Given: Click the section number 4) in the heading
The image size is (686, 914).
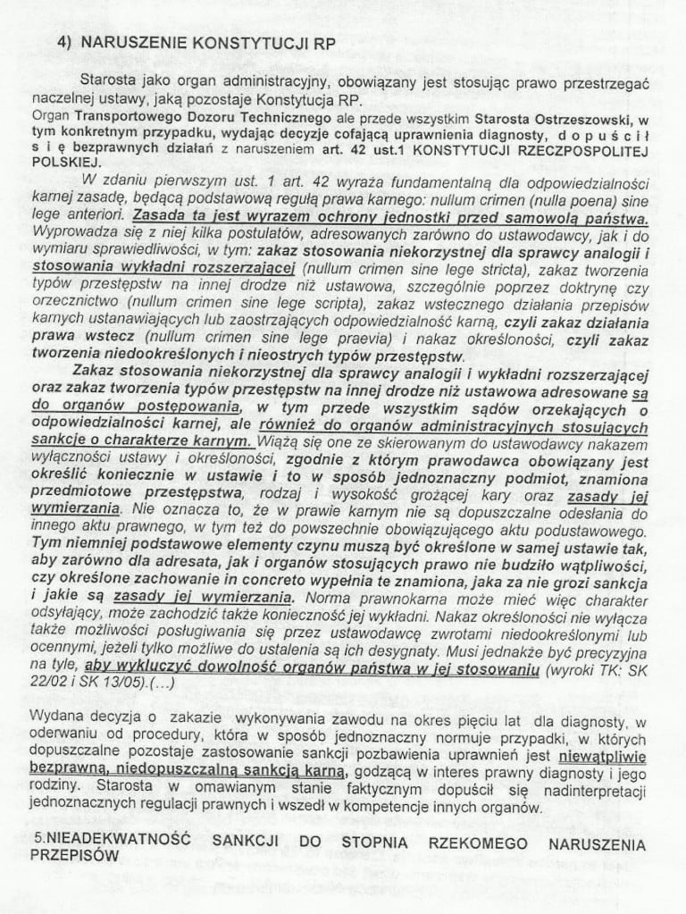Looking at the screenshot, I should point(63,41).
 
